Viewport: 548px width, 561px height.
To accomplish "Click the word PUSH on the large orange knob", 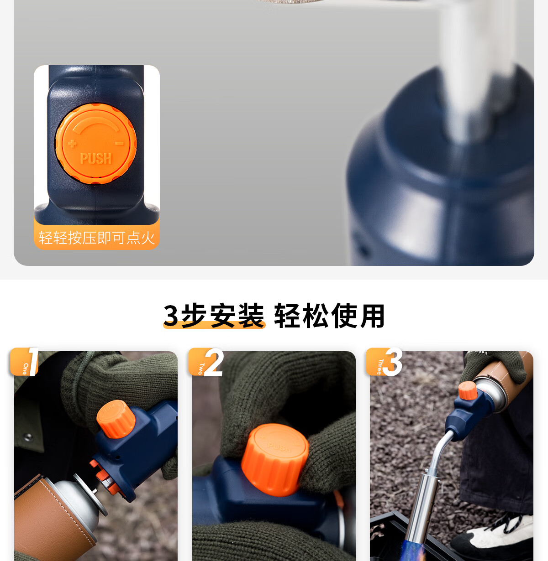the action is (96, 159).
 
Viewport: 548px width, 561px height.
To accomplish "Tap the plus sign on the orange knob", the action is (72, 143).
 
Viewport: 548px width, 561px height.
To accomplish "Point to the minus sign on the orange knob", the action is (119, 143).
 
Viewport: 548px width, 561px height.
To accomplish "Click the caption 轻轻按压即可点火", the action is (97, 238).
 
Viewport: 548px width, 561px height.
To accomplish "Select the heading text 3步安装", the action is (214, 316).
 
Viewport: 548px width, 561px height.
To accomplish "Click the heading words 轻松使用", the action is (329, 316).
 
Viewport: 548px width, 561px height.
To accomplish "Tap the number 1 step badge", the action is (24, 362).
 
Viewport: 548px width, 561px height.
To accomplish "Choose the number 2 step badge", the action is (206, 362).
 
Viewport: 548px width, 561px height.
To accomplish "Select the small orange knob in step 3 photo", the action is (468, 390).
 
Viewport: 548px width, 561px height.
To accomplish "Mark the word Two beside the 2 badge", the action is (200, 369).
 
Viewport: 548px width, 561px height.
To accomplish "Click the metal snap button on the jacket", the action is (28, 437).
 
